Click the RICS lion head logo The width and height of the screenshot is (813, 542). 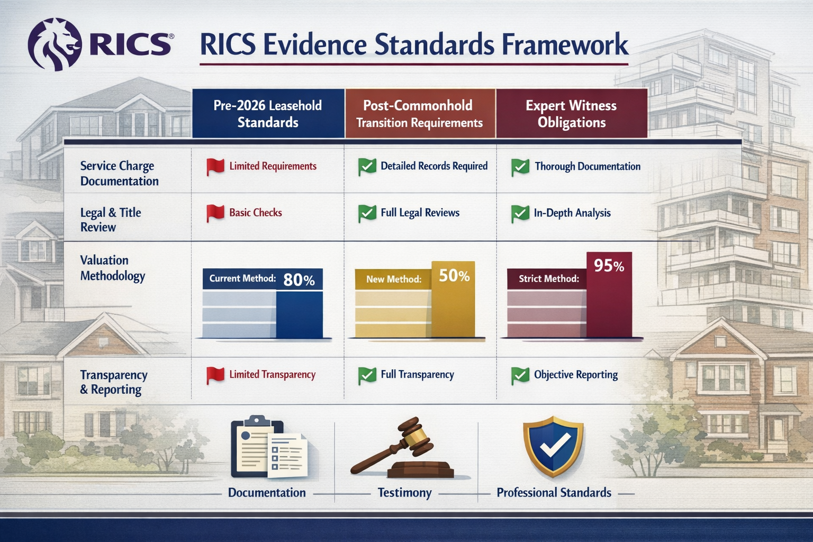tap(55, 44)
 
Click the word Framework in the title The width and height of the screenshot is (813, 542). tap(565, 45)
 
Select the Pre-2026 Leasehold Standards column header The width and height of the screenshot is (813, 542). tap(268, 114)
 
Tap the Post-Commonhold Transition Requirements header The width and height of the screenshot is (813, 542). tap(420, 114)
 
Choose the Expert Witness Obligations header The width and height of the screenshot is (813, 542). tap(571, 114)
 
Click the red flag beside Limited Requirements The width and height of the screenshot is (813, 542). tap(215, 167)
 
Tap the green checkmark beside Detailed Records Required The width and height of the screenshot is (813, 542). tap(367, 167)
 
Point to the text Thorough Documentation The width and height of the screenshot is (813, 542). tap(588, 167)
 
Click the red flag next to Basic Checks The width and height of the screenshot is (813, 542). tap(215, 213)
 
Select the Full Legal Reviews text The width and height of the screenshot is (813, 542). tap(420, 213)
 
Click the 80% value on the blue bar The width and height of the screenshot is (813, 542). tap(299, 279)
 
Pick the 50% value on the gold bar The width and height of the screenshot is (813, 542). tap(454, 276)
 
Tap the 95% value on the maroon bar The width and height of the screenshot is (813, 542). tap(609, 266)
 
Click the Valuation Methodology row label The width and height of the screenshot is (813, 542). tap(112, 268)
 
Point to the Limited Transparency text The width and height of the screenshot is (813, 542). tap(272, 375)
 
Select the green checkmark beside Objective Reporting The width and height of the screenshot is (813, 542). tap(520, 376)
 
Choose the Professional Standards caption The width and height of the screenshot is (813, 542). tap(554, 493)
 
